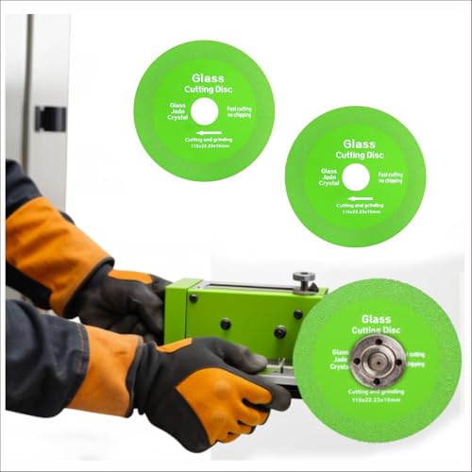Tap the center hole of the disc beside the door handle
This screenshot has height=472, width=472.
click(203, 111)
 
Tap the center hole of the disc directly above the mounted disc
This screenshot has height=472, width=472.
click(355, 176)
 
